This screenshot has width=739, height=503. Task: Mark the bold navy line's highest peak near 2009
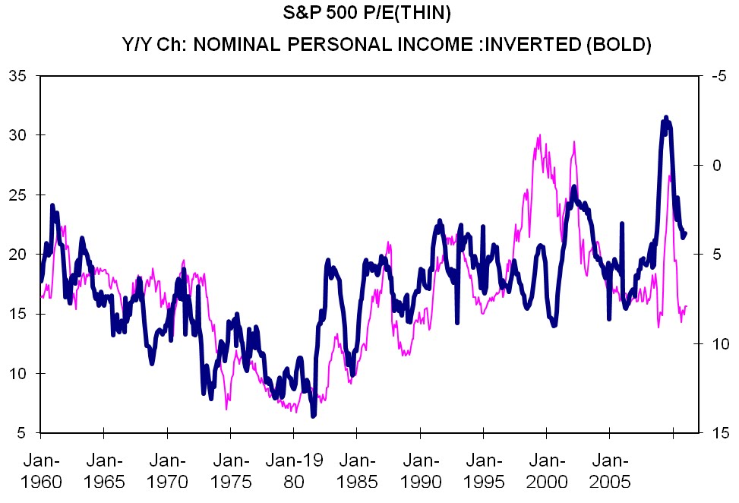(x=666, y=117)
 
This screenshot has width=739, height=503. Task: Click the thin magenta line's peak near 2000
(x=539, y=136)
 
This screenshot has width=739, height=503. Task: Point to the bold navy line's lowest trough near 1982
(x=313, y=416)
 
